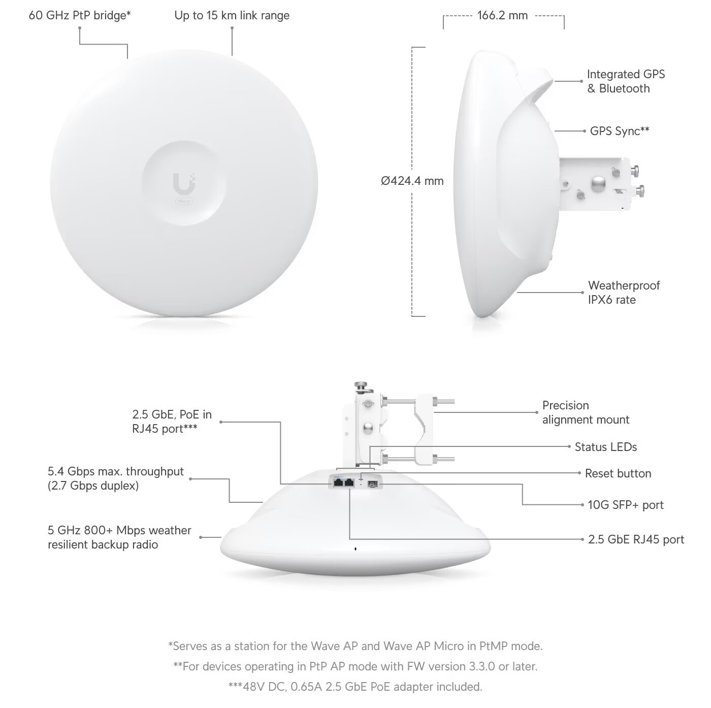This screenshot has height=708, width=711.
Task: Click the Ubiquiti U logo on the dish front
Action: (184, 183)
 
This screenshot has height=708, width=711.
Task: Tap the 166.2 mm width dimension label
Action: (502, 16)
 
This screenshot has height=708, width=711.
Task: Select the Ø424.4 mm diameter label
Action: (412, 181)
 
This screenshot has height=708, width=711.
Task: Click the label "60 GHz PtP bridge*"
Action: (80, 16)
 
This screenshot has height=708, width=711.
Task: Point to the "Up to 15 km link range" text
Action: (232, 16)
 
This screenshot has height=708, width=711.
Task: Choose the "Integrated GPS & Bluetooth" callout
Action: (626, 81)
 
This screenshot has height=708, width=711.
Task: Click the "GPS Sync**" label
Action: (620, 131)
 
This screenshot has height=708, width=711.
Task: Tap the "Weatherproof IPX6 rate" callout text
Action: (624, 293)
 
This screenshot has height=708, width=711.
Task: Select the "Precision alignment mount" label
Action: (586, 412)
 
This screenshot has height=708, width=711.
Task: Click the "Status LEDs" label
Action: (605, 447)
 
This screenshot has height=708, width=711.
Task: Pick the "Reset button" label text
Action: (618, 473)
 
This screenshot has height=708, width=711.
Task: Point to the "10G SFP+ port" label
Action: (625, 505)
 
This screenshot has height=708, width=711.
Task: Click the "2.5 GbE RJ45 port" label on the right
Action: (636, 539)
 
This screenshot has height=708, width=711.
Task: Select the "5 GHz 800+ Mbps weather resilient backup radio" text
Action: (119, 537)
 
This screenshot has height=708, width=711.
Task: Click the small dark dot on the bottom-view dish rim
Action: (355, 549)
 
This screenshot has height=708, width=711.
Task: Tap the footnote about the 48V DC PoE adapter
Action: (355, 687)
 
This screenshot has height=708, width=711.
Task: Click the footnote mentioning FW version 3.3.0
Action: (355, 666)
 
